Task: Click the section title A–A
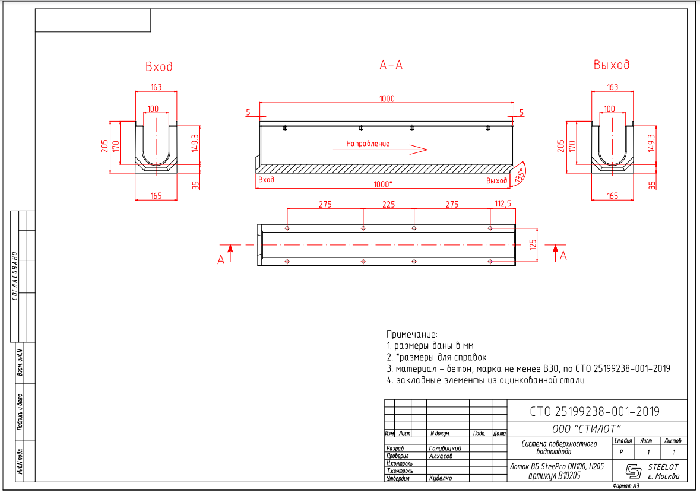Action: tap(391, 65)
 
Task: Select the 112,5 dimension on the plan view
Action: tap(503, 204)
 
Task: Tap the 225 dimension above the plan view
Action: tap(388, 204)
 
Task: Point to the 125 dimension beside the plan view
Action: tap(533, 245)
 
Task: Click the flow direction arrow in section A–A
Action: tap(381, 150)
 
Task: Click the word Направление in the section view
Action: tap(368, 144)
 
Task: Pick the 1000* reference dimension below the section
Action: tap(382, 185)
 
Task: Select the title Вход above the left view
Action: tap(159, 66)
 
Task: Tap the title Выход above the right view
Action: tap(611, 65)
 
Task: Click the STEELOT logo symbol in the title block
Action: tap(633, 470)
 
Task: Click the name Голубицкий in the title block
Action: tap(445, 449)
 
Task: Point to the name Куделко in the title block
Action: tap(440, 478)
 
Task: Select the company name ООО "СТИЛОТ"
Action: tap(586, 429)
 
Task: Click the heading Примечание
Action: tap(412, 335)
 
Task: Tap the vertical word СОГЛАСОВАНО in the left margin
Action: tap(15, 276)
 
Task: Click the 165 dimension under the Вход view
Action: tap(156, 196)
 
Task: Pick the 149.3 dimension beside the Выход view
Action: tap(652, 143)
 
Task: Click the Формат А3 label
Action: tap(626, 486)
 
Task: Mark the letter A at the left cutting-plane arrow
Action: tap(220, 260)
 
